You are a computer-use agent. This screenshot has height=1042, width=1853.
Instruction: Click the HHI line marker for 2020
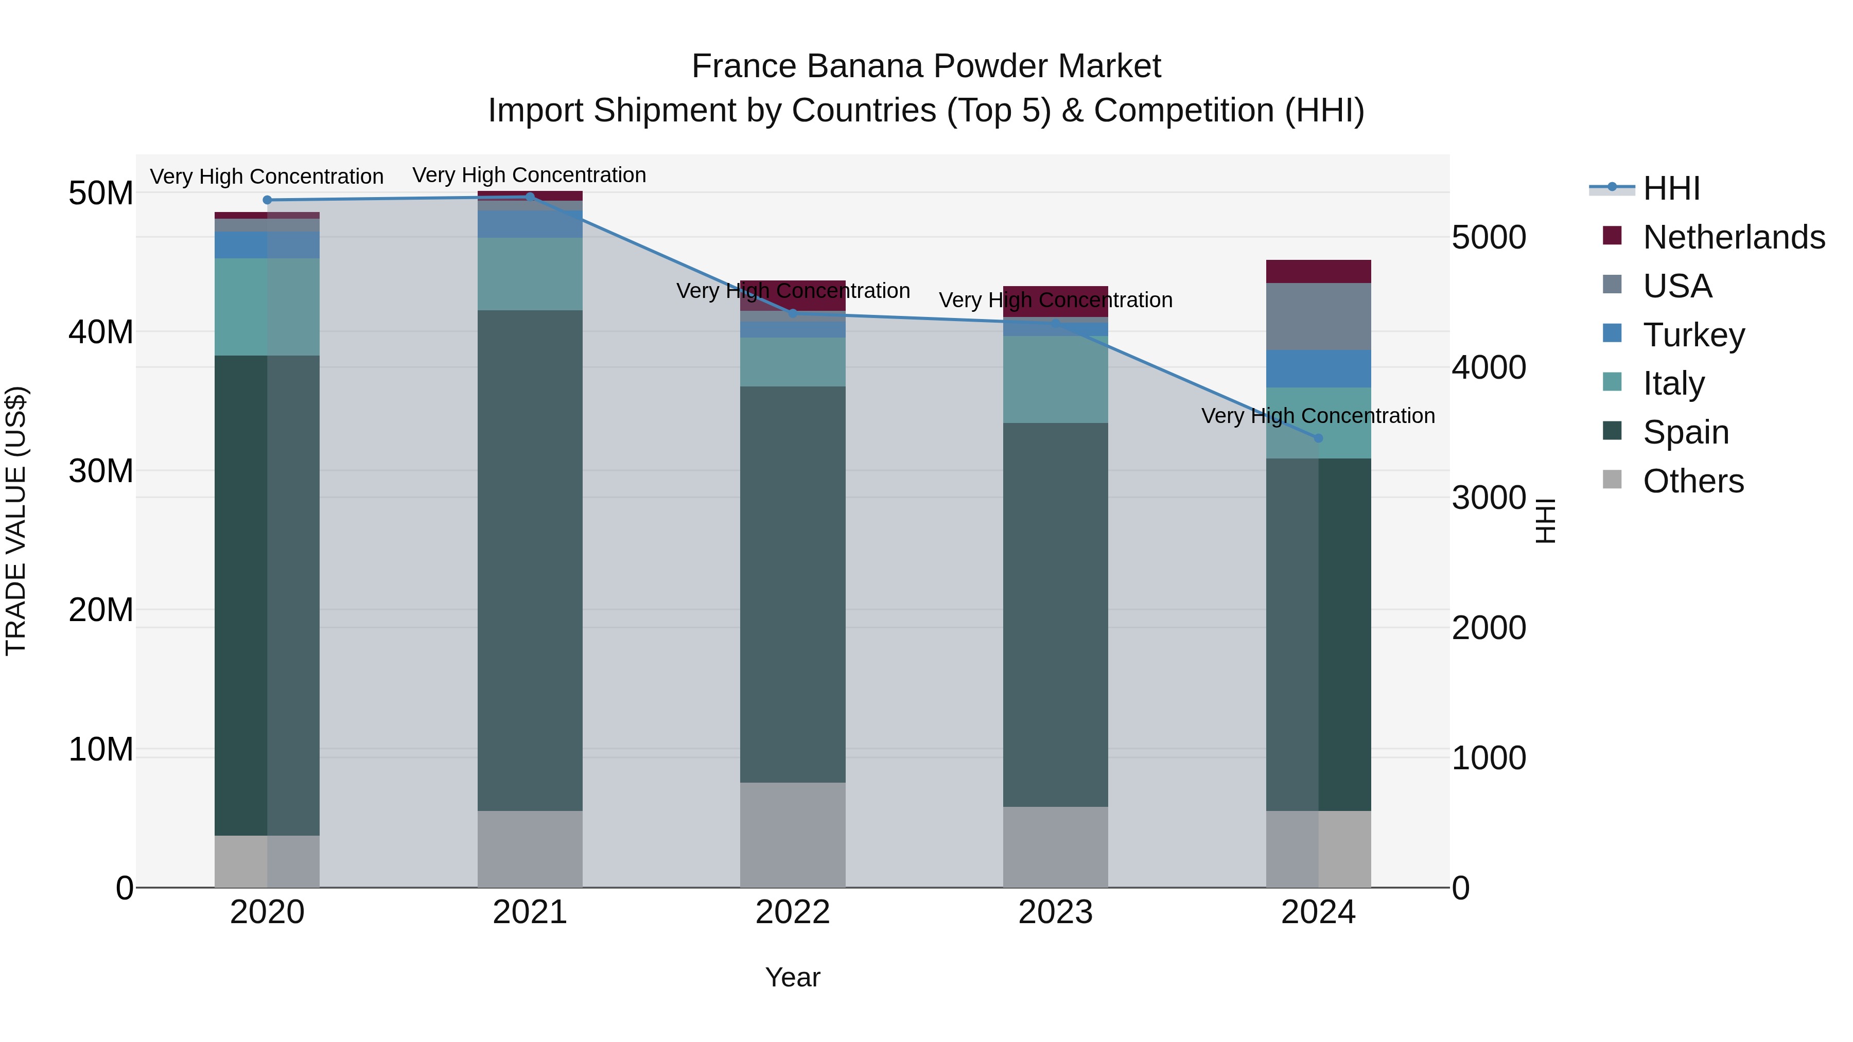[x=267, y=200]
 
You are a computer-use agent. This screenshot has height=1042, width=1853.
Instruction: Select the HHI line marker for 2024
[x=1318, y=438]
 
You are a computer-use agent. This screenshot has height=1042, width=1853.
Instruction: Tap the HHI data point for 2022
[x=793, y=313]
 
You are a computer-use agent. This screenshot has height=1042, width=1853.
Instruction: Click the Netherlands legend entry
[x=1734, y=237]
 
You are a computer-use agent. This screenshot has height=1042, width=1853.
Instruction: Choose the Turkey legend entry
[x=1693, y=335]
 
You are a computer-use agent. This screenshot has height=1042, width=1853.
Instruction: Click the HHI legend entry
[x=1671, y=188]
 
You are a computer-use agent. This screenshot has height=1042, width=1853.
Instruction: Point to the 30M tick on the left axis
[x=101, y=471]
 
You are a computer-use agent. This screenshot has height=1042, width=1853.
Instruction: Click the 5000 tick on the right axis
[x=1488, y=237]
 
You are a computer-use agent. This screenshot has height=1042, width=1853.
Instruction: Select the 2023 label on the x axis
[x=1055, y=912]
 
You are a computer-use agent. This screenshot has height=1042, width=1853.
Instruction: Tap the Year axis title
[x=792, y=977]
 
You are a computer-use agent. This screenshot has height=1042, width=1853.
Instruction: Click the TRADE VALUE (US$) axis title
[x=16, y=521]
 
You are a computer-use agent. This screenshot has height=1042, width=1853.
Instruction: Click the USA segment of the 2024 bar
[x=1318, y=316]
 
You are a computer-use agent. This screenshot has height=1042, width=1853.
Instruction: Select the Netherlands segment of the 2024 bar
[x=1318, y=271]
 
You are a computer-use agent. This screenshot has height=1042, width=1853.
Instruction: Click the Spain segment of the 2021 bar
[x=530, y=561]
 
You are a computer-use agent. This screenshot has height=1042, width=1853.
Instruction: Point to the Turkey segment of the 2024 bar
[x=1318, y=369]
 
